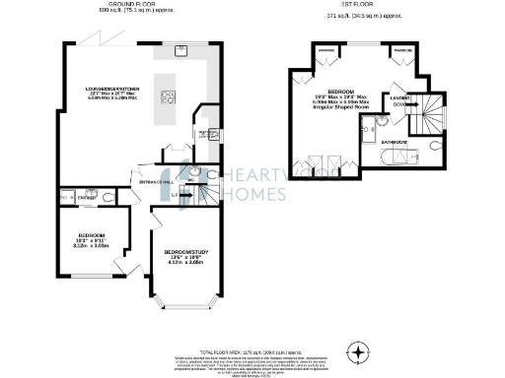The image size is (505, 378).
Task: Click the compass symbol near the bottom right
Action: (x=360, y=350)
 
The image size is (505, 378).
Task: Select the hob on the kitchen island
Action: (x=169, y=96)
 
